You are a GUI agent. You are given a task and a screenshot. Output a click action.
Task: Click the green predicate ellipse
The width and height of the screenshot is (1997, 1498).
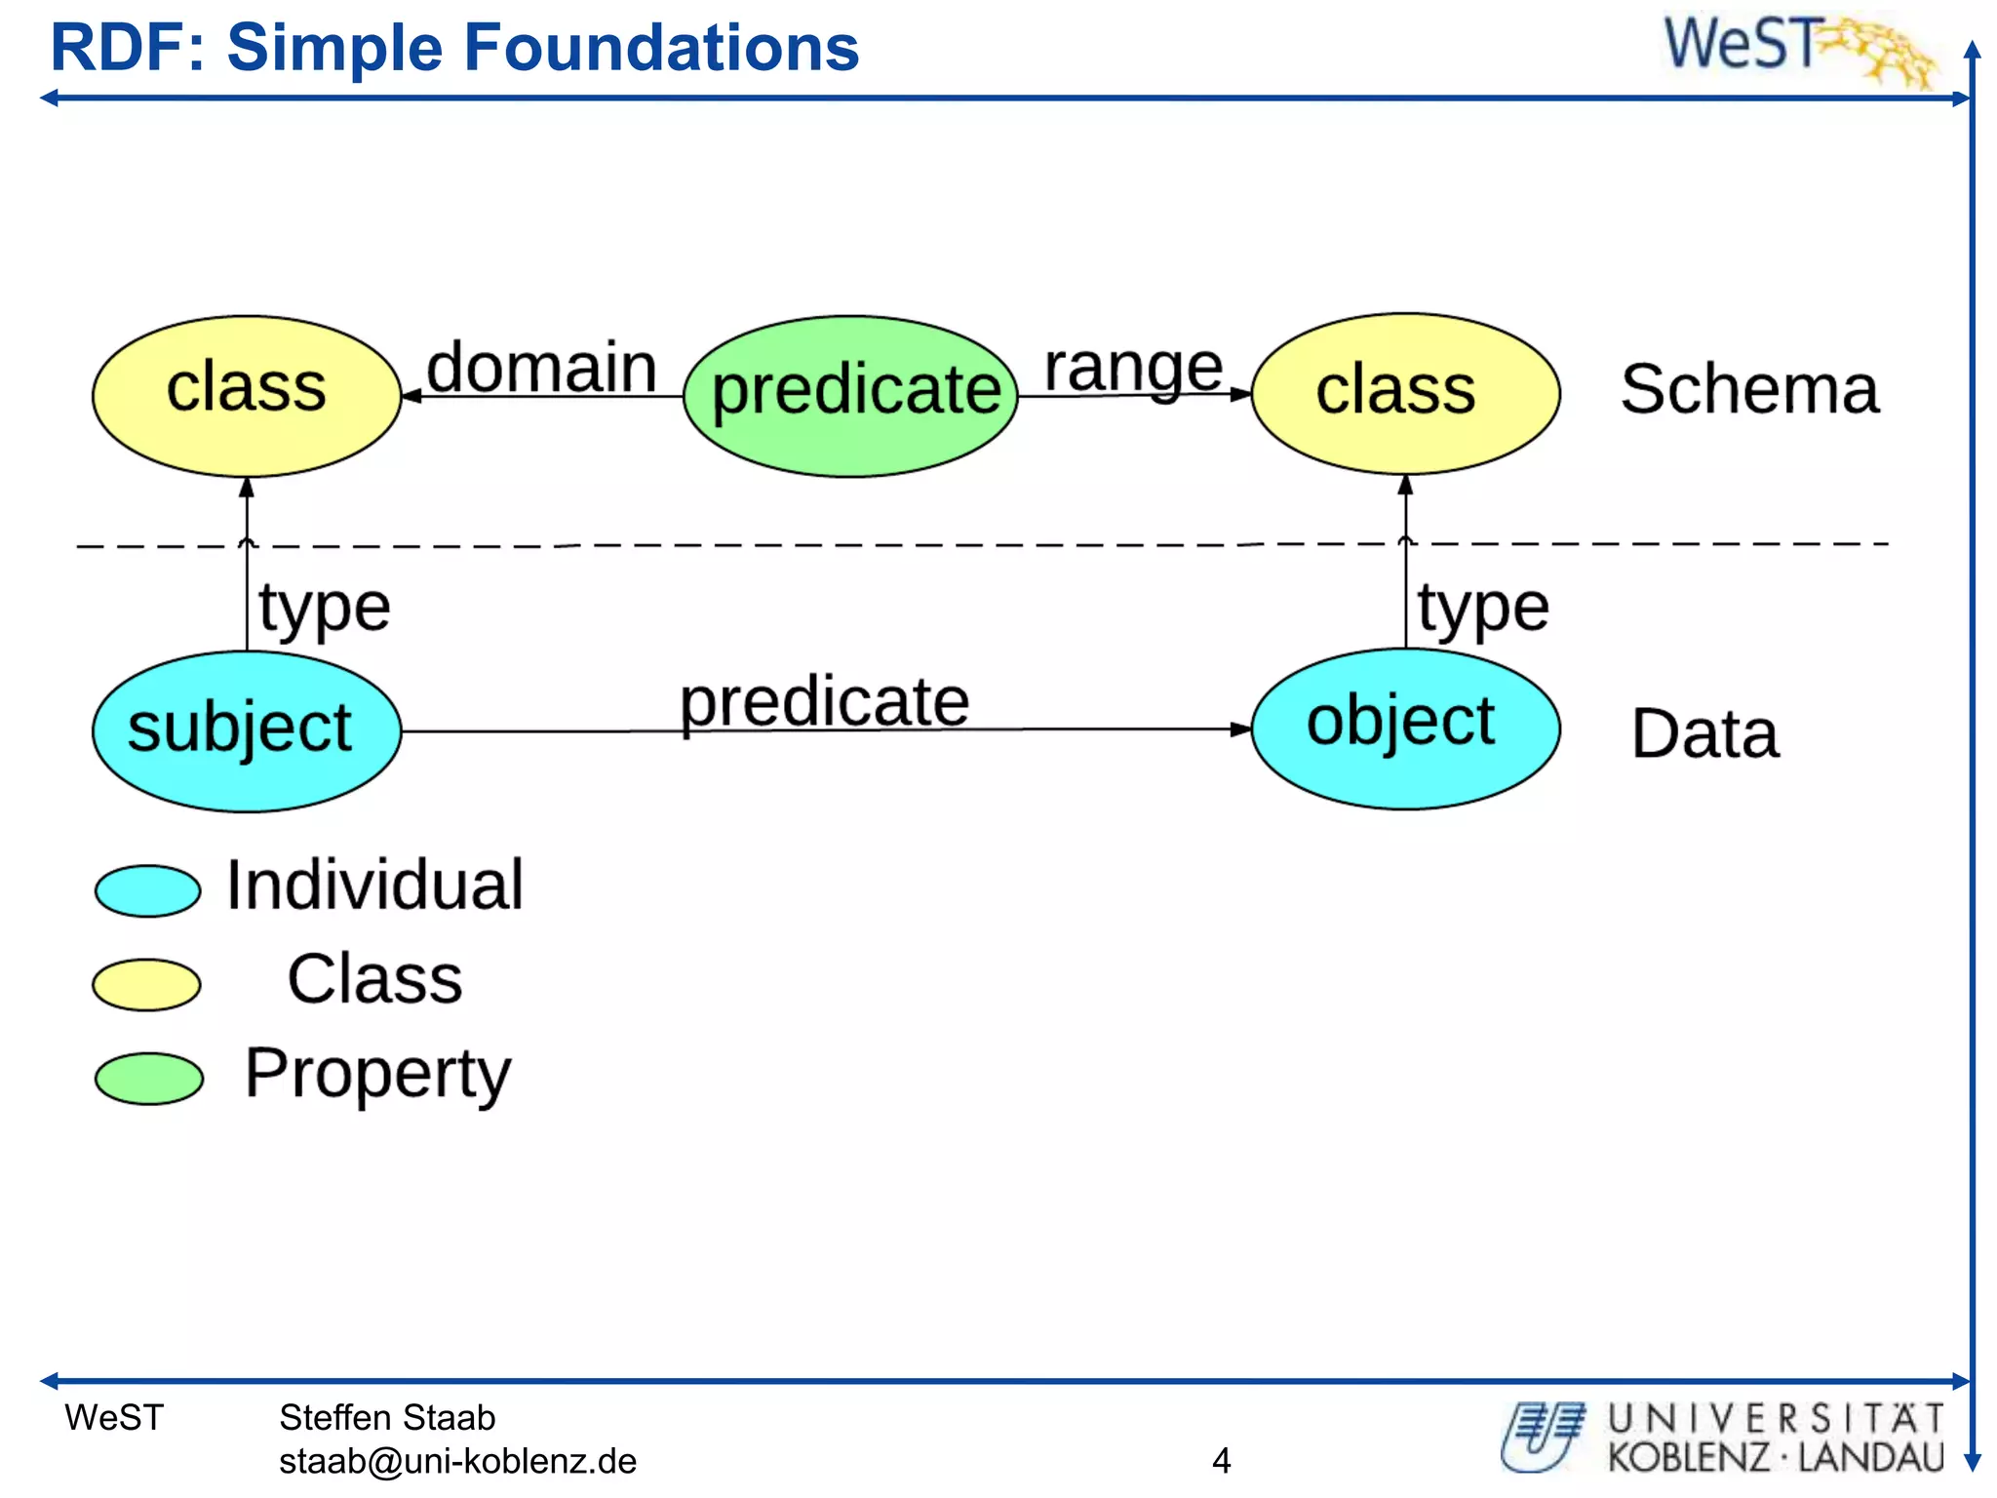tap(851, 395)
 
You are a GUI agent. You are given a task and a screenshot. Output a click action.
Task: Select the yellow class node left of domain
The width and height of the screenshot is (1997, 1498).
tap(247, 395)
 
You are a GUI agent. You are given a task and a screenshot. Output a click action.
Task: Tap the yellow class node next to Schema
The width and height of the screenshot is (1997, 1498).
tap(1405, 393)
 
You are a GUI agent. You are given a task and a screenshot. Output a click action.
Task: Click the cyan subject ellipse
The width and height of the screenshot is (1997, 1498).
tap(247, 730)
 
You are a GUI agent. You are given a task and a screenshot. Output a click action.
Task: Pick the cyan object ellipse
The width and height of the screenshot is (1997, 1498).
tap(1405, 728)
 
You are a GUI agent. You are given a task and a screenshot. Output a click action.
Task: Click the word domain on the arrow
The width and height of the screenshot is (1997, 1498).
tap(542, 368)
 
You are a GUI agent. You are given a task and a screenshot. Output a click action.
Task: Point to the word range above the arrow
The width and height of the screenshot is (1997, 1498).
tap(1133, 368)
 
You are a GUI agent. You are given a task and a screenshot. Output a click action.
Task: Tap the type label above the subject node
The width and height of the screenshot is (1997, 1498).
tap(325, 609)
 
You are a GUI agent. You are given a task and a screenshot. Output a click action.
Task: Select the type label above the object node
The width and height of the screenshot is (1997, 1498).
tap(1483, 609)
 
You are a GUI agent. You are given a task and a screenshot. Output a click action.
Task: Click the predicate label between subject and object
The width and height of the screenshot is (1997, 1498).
tap(825, 702)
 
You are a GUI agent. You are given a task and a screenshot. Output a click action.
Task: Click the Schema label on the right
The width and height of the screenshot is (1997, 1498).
tap(1749, 389)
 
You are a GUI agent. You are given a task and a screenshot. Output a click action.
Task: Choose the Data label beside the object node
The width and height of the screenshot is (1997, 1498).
tap(1704, 733)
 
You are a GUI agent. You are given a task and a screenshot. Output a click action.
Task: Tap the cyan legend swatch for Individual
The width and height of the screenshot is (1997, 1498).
tap(147, 890)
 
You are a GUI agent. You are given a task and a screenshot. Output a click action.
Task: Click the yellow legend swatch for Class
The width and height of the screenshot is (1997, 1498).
tap(146, 984)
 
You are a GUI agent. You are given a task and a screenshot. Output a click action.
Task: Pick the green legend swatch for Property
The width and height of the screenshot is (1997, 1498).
tap(148, 1078)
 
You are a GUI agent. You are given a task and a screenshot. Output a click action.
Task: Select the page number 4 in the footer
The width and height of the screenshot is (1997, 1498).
tap(1221, 1460)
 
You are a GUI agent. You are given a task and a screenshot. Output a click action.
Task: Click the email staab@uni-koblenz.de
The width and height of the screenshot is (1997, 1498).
tap(457, 1461)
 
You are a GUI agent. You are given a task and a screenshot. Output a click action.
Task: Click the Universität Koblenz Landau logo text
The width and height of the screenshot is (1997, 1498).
tap(1775, 1438)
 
